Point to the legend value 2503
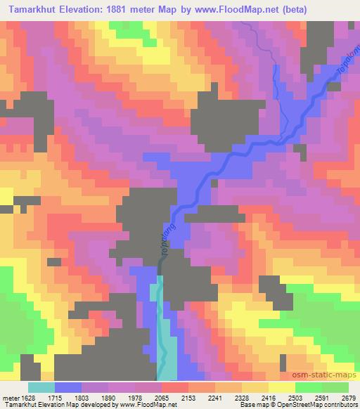(x=319, y=397)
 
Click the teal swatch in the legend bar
(x=41, y=387)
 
